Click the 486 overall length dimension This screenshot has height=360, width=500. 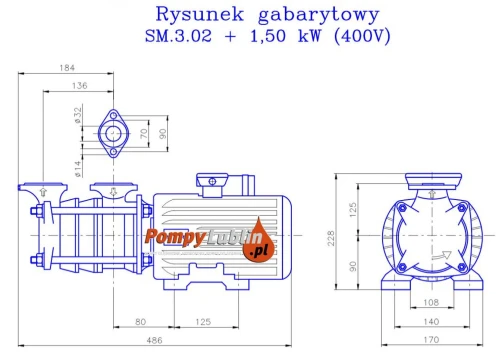tap(154, 340)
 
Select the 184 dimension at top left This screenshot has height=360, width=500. tap(67, 68)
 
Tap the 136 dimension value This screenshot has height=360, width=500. tap(80, 86)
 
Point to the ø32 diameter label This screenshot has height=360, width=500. tap(78, 115)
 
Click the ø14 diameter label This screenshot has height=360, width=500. tap(77, 169)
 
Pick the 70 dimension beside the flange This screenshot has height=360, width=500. tap(144, 133)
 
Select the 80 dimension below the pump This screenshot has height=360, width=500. tap(141, 322)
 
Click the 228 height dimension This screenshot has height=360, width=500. tap(331, 238)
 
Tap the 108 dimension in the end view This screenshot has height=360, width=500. tap(431, 302)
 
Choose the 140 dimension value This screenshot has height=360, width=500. tap(431, 322)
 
